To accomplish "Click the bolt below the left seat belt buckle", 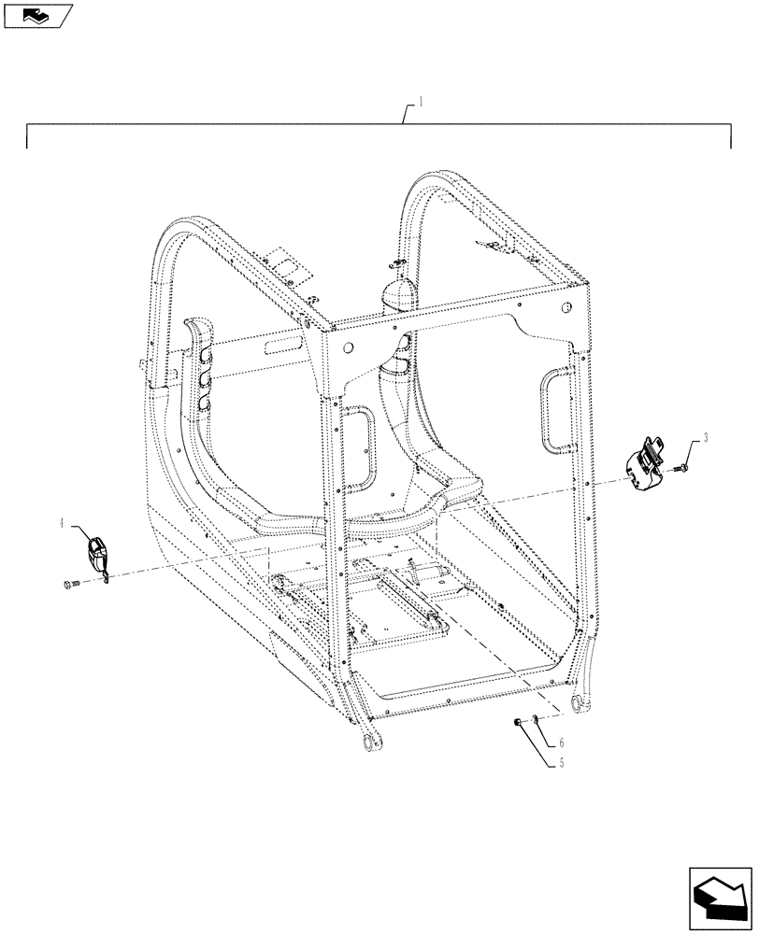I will [65, 585].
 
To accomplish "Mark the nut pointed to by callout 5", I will [518, 722].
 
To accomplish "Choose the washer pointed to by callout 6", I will [534, 718].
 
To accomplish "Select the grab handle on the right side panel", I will [555, 407].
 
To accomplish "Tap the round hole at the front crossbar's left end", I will [348, 348].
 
